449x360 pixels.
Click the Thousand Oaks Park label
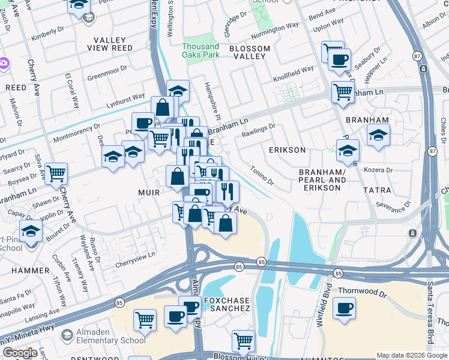(200, 50)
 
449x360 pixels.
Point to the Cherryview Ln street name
(135, 254)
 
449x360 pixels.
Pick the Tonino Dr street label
(262, 175)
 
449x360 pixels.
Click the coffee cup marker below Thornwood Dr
(343, 309)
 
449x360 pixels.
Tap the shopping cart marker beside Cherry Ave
(55, 174)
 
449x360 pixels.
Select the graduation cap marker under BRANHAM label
(378, 135)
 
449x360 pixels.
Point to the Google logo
(20, 353)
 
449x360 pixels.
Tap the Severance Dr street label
(395, 206)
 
